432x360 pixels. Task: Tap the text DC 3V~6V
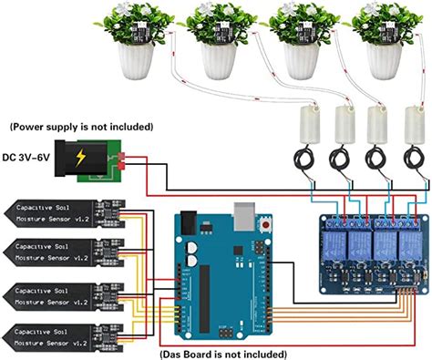tap(28, 158)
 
